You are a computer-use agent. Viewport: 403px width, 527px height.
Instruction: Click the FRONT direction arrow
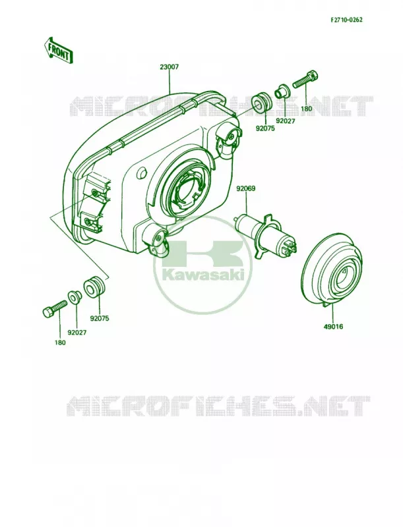[57, 51]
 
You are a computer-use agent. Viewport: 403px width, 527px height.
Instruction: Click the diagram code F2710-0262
[346, 20]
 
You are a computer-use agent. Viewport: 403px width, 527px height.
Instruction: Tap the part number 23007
[170, 67]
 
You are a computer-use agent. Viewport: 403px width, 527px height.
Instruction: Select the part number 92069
[245, 188]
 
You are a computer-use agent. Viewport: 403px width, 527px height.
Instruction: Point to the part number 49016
[334, 326]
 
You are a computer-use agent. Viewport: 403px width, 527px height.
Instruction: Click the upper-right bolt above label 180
[305, 79]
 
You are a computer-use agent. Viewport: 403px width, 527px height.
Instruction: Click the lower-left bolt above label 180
[55, 308]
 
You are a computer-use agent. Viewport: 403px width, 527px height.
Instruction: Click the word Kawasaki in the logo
[203, 276]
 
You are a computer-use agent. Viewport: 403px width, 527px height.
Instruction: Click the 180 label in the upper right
[307, 109]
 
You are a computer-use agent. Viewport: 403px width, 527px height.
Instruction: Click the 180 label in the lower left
[60, 343]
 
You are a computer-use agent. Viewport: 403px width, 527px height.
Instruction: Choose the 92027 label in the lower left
[77, 333]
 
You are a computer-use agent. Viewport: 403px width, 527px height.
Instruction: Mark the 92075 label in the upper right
[265, 128]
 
